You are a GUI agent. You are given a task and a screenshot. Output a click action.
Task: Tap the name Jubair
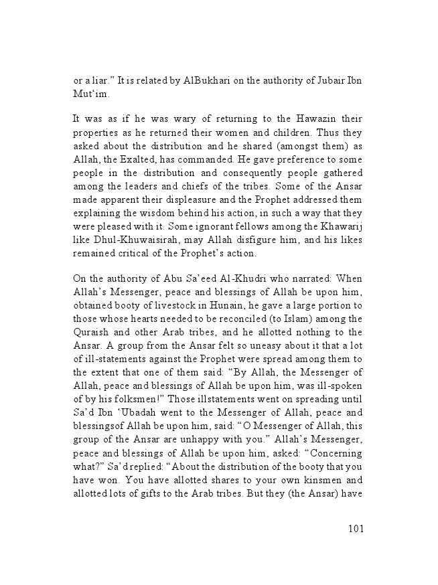tap(330, 81)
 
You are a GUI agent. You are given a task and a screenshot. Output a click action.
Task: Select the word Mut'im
tap(90, 94)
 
